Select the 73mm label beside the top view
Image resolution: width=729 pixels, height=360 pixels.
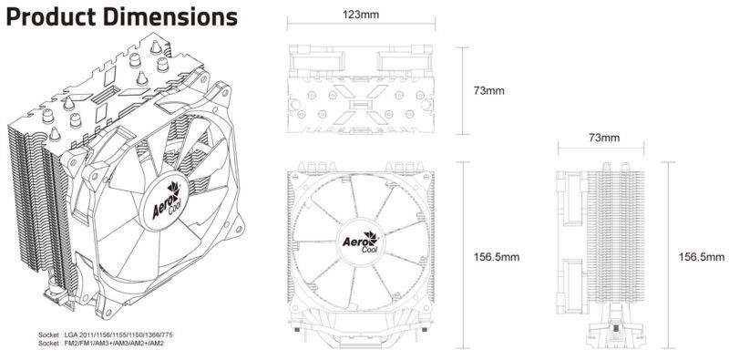(489, 91)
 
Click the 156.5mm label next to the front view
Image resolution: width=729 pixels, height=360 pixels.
(497, 257)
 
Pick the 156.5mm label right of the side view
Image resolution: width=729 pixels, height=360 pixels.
(702, 257)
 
